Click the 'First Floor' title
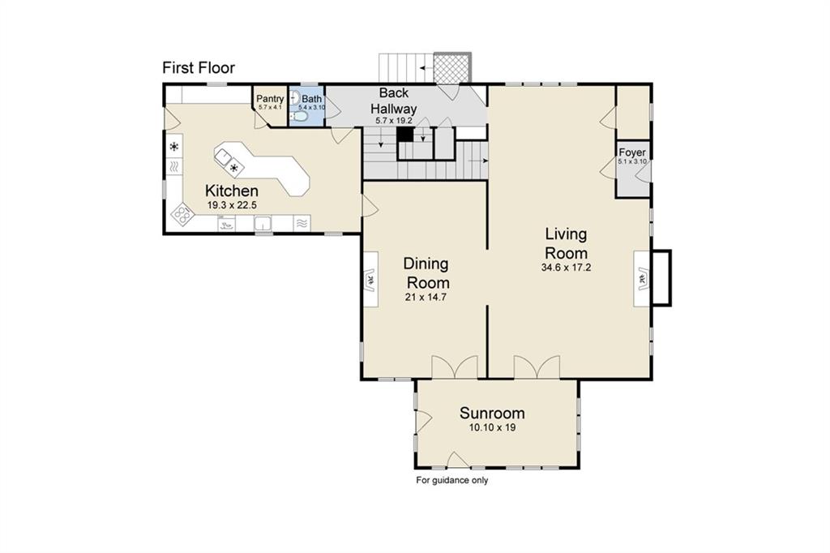[199, 67]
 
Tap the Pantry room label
[270, 99]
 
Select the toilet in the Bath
[301, 117]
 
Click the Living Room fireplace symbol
[642, 280]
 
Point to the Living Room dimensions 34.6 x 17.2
[566, 267]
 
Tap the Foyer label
[632, 152]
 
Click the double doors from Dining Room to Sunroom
[448, 367]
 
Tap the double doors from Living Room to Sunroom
[536, 367]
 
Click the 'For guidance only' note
[452, 480]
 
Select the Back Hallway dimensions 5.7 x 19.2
[394, 120]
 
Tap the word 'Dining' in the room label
[426, 264]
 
